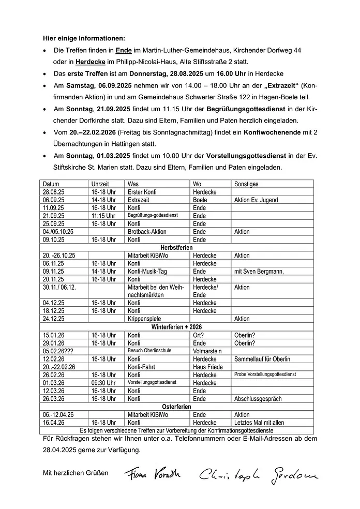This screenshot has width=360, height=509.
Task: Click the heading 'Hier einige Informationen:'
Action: [84, 38]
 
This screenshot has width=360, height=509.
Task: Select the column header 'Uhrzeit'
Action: [100, 184]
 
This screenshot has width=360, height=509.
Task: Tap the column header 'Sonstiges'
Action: [246, 184]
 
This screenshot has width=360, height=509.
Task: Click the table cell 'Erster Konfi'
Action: [142, 192]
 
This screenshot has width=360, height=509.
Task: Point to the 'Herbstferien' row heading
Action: [176, 248]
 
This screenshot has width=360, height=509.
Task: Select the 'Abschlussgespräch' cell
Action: [258, 399]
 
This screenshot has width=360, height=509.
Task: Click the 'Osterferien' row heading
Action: [176, 407]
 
